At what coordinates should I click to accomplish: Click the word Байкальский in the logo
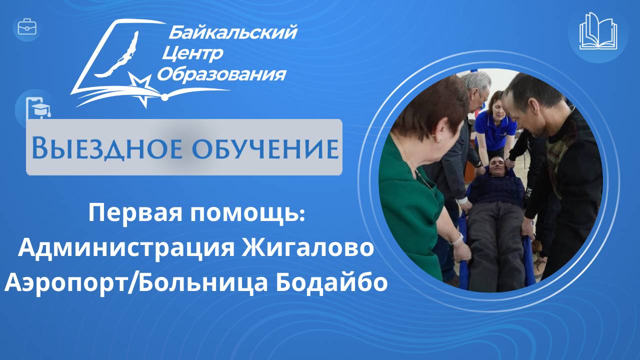tap(233, 33)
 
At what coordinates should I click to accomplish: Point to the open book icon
tap(598, 31)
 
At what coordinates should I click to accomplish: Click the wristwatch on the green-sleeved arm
tap(456, 239)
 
